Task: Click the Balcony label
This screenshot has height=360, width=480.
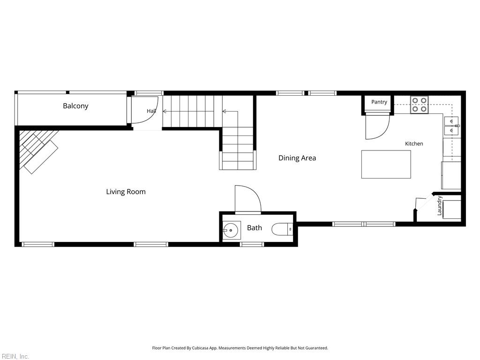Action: [x=75, y=106]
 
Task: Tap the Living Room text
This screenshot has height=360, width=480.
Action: [x=126, y=192]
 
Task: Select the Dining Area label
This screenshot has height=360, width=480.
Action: [x=297, y=158]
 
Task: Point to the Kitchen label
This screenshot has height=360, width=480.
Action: [x=414, y=143]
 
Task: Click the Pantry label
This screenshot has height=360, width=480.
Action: [x=379, y=102]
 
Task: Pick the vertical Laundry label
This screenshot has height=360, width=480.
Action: [x=440, y=206]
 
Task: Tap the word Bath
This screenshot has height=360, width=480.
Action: [x=255, y=228]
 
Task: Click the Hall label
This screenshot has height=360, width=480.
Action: [x=151, y=111]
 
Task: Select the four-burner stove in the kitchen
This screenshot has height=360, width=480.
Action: [x=420, y=105]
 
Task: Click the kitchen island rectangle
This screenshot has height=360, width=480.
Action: [x=386, y=164]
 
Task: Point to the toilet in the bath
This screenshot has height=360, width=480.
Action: [x=282, y=229]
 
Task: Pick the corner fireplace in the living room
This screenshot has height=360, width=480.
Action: [x=38, y=150]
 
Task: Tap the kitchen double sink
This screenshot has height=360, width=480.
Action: [x=451, y=126]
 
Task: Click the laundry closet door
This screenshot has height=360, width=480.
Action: [x=424, y=203]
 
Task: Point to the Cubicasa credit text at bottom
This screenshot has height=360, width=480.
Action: [x=240, y=348]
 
